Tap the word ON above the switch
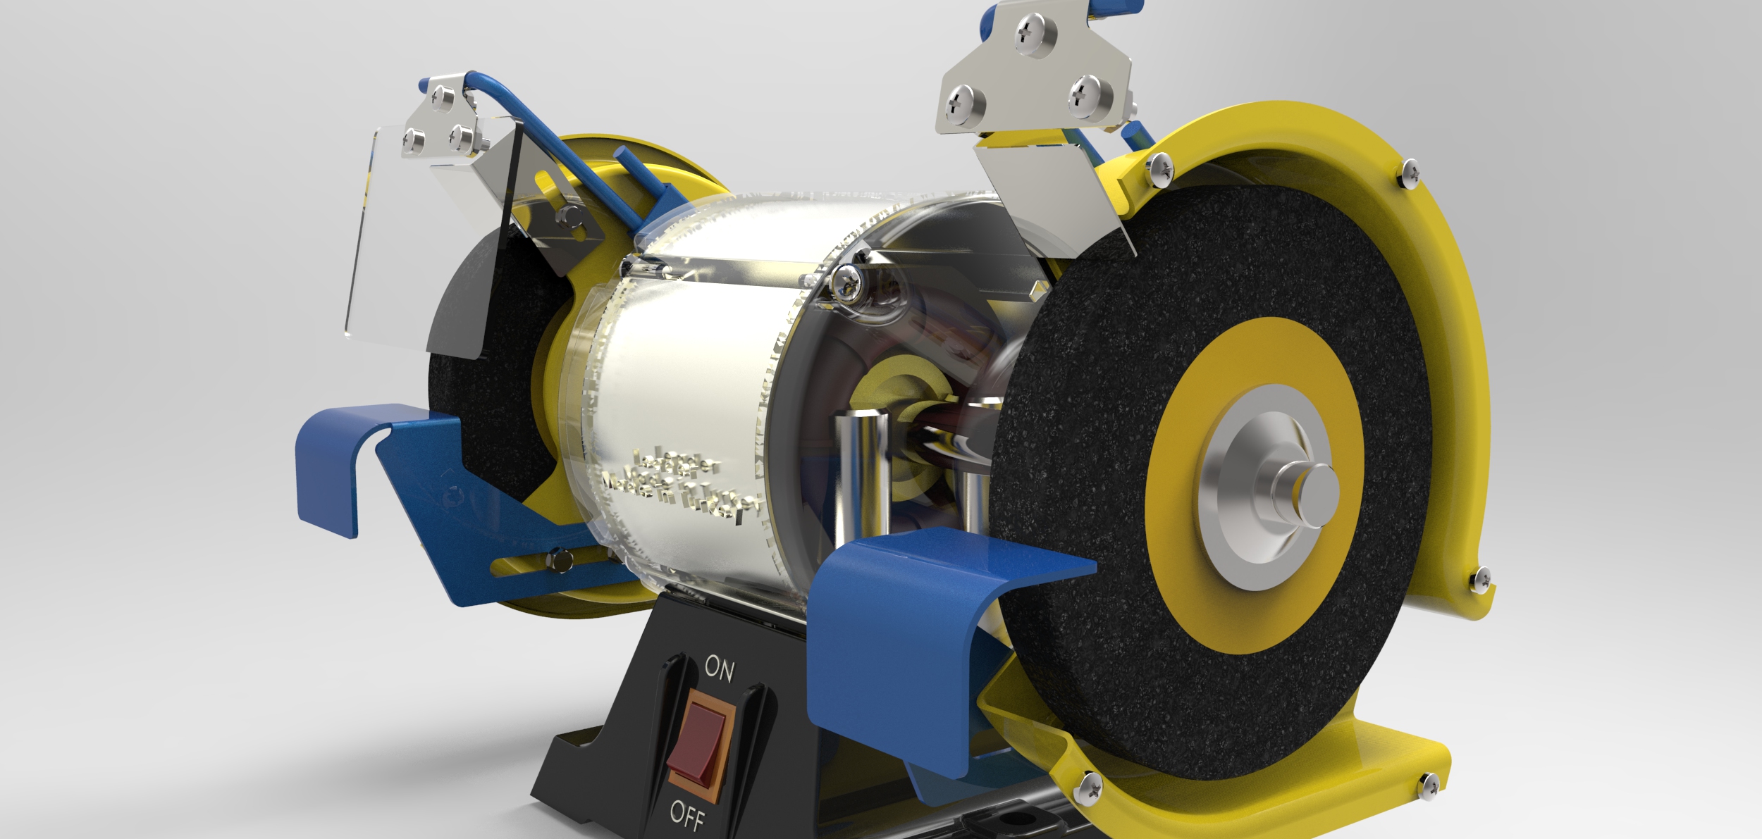[719, 668]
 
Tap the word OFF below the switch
[687, 816]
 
